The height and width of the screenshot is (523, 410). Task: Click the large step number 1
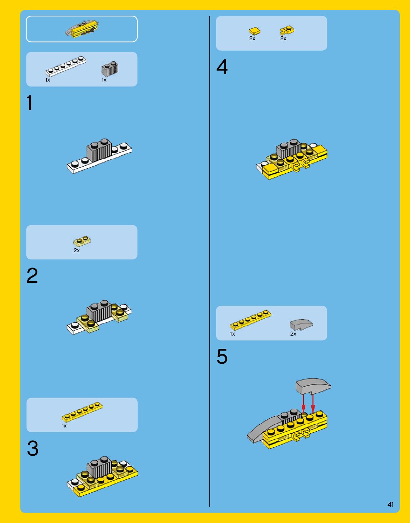coord(30,103)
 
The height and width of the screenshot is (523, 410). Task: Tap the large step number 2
coord(32,276)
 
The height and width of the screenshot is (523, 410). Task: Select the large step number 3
coord(33,448)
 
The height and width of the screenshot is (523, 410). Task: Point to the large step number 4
coord(222,67)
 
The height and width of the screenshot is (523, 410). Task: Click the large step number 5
coord(222,357)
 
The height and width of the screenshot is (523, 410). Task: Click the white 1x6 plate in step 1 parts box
coord(66,66)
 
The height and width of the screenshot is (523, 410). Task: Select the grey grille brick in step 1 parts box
coord(110,69)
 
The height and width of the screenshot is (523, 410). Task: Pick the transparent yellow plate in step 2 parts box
coord(82,241)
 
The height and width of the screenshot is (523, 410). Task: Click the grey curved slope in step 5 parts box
coord(301,325)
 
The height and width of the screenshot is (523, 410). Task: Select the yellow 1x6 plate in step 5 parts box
coord(250,320)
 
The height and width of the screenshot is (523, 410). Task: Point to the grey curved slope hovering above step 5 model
coord(313,387)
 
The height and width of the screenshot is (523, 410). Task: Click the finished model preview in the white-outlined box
coord(82,29)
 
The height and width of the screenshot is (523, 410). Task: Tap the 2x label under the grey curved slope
coord(293,334)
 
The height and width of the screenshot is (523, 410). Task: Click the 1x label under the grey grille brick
coord(104,80)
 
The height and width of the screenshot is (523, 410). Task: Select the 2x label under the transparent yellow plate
coord(77,250)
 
